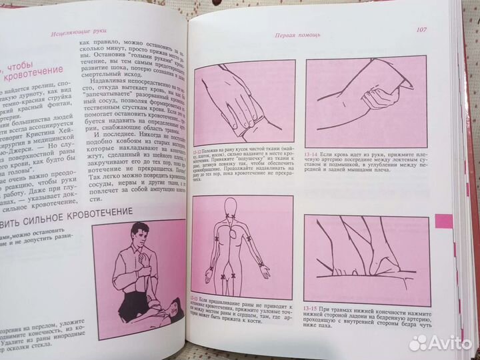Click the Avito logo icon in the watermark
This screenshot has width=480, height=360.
point(417,343)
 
